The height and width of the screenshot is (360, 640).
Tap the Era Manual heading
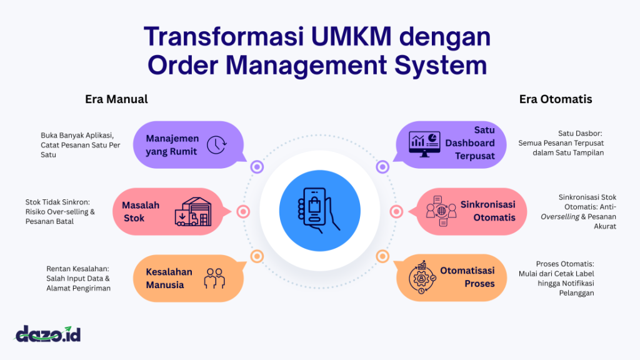116,99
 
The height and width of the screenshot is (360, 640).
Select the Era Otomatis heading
556,99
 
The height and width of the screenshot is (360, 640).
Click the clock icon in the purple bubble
216,144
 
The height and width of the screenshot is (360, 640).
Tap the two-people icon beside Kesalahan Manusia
214,277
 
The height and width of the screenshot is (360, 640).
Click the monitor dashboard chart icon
424,144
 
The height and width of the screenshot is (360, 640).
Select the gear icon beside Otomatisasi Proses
422,277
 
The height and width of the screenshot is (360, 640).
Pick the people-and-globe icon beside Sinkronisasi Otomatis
440,211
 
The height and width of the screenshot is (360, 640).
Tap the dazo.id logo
48,334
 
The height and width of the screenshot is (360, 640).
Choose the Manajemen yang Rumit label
172,144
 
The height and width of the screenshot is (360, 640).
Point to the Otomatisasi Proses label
467,277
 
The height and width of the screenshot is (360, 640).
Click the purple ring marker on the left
256,167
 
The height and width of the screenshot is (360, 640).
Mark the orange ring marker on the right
382,256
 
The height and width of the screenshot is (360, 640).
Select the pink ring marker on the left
243,212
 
